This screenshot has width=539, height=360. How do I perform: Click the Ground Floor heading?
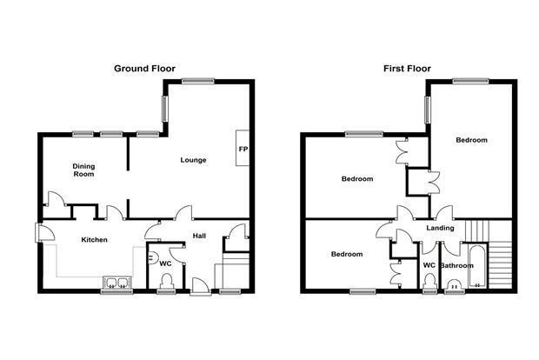tap(144, 69)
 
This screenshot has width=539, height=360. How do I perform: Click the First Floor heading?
tap(407, 69)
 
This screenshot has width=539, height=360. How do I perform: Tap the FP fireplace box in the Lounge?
tap(243, 148)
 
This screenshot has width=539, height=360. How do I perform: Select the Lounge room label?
tap(193, 160)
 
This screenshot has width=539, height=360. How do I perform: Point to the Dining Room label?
tap(83, 170)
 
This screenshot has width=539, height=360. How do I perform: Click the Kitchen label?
tap(94, 240)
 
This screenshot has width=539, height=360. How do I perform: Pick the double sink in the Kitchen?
tap(117, 283)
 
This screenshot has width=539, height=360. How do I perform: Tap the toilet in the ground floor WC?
tap(167, 281)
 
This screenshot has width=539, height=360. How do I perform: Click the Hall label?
tap(199, 236)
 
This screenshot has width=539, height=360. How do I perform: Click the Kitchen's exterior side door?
tap(44, 233)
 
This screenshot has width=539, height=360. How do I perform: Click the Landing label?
tap(440, 228)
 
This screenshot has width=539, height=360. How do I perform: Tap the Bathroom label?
tap(456, 265)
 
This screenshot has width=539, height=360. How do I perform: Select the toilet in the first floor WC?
tap(429, 282)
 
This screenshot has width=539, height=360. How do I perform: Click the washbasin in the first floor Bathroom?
tap(455, 284)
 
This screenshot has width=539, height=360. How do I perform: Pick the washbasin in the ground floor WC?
tap(152, 258)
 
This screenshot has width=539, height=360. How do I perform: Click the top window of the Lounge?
tap(198, 81)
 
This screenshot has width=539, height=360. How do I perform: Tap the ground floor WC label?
tap(165, 263)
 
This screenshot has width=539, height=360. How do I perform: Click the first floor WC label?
tap(429, 265)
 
